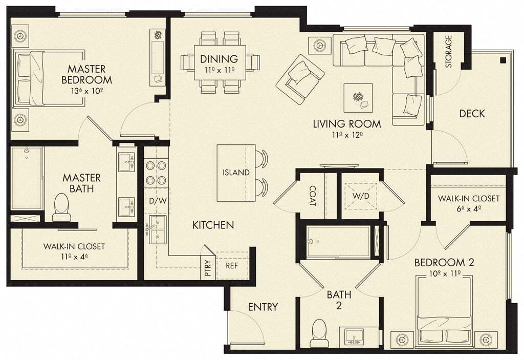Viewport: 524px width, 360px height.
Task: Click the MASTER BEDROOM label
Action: (86, 74)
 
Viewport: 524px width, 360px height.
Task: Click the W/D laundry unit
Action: (359, 196)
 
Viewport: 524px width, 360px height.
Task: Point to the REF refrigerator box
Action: (232, 266)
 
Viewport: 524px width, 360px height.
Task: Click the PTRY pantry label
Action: (207, 269)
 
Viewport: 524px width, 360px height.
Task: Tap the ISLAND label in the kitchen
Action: (236, 173)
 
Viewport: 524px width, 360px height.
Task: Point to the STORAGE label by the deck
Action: (449, 51)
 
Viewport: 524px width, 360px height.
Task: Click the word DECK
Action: (471, 114)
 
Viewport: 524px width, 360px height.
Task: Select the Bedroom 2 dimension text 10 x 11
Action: (444, 273)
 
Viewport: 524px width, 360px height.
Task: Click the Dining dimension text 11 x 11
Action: (219, 70)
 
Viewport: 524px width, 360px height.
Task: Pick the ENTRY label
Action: (263, 307)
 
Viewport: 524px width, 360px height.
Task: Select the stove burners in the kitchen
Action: (156, 173)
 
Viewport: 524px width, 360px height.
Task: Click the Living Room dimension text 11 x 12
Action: (347, 135)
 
